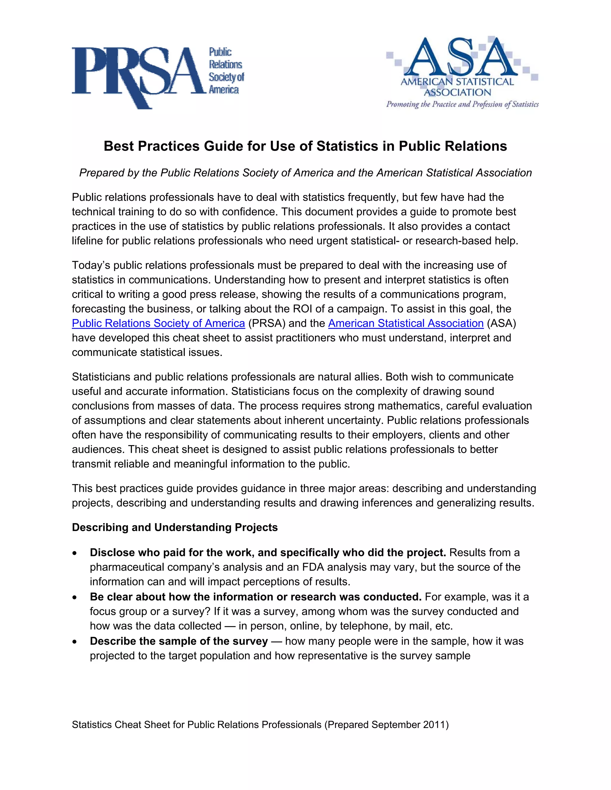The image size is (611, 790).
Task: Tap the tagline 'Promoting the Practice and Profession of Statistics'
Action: click(x=462, y=105)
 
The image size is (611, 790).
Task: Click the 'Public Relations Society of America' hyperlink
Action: click(x=158, y=323)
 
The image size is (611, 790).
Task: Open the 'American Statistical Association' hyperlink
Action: click(x=406, y=323)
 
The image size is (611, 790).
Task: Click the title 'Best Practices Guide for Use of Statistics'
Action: click(x=305, y=146)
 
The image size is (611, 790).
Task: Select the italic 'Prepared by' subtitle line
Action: click(x=305, y=173)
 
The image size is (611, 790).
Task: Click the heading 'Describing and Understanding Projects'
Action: click(x=175, y=527)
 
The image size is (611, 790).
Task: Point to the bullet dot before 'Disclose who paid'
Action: click(x=75, y=553)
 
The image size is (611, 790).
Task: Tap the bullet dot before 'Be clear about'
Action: click(x=75, y=597)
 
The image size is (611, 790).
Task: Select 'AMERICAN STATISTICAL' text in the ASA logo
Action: click(x=457, y=82)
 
